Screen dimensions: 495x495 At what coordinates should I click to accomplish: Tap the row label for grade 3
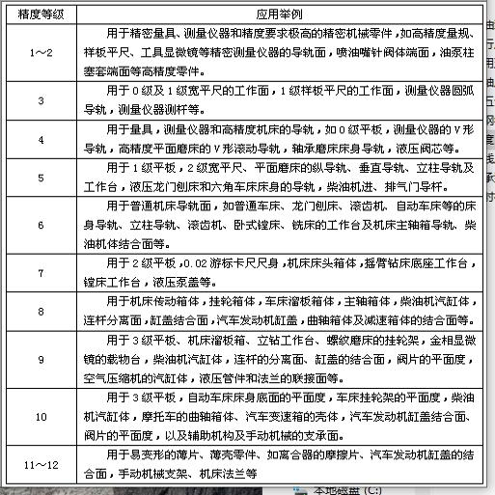coord(41,100)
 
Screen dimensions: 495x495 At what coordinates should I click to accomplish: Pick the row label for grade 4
coord(41,141)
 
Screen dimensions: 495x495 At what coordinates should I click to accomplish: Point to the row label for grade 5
coord(41,180)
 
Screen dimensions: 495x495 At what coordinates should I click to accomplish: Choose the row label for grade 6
coord(41,226)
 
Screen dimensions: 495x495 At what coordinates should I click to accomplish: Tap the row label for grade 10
coord(41,417)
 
